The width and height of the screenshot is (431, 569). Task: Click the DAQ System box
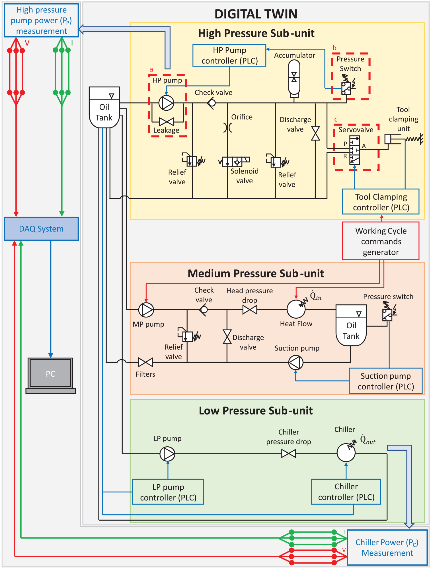tap(41, 229)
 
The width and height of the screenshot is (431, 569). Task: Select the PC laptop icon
tap(51, 376)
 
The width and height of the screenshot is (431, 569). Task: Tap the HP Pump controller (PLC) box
tap(229, 55)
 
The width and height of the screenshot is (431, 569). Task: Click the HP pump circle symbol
tap(166, 103)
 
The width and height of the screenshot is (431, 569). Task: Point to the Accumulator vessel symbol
tap(294, 77)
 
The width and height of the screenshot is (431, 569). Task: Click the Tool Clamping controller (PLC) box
tap(381, 202)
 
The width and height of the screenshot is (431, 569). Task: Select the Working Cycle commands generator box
tap(381, 241)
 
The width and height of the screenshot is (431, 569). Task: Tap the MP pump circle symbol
tap(146, 310)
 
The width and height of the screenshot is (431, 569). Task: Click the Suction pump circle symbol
tap(296, 362)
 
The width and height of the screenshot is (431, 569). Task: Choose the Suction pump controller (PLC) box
tap(386, 381)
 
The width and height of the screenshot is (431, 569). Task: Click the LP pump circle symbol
tap(167, 454)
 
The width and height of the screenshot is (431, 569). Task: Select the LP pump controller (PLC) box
tap(168, 492)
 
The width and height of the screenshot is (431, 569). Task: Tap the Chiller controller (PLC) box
tap(346, 492)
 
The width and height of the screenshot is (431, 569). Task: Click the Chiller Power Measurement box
tap(387, 547)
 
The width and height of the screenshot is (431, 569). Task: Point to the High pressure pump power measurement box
tap(42, 20)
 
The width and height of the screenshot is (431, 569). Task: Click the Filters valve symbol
tap(145, 362)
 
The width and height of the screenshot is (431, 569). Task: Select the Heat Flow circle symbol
tap(296, 309)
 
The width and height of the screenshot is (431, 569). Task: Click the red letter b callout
tap(334, 48)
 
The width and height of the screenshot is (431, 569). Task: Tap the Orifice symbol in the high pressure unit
tap(228, 127)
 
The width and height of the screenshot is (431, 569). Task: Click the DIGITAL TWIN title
tap(256, 14)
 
